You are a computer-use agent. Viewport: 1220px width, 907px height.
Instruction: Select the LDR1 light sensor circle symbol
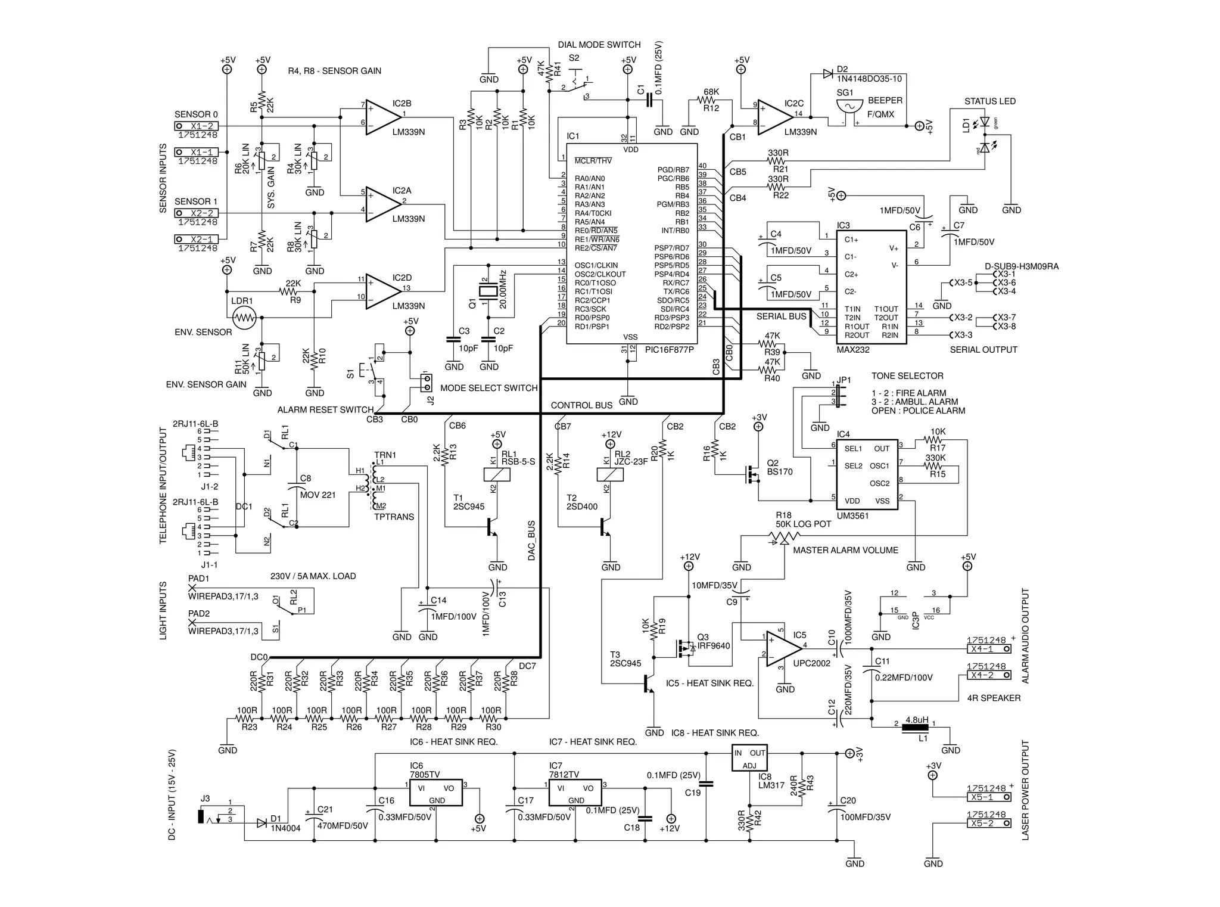(x=244, y=318)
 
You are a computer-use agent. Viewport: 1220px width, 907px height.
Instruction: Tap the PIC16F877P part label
(x=669, y=350)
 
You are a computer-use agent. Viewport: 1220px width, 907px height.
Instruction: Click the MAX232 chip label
(x=853, y=350)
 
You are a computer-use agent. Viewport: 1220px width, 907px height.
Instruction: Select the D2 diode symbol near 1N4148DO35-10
(x=827, y=73)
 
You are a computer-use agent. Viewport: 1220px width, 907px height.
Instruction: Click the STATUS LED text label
(x=989, y=101)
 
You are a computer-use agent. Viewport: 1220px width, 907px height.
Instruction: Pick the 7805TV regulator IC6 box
(x=436, y=792)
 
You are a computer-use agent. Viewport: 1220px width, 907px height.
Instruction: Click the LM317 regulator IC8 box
(x=749, y=758)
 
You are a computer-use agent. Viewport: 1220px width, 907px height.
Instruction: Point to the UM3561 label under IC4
(x=852, y=515)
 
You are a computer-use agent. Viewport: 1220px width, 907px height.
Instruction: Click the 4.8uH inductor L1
(x=916, y=727)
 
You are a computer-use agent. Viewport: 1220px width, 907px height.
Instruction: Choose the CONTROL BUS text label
(x=581, y=405)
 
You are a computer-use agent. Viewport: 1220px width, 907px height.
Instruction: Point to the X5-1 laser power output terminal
(x=988, y=797)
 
